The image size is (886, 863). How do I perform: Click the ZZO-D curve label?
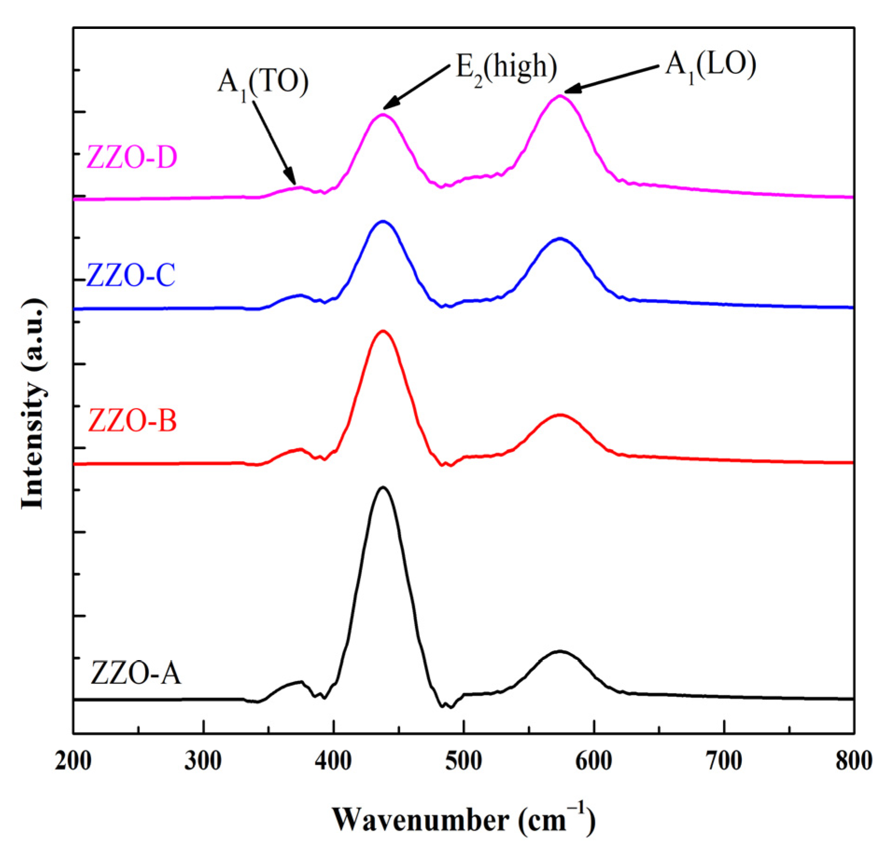[x=132, y=157]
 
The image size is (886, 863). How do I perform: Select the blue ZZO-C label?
[x=131, y=275]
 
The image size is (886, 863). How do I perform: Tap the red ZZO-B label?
[x=133, y=420]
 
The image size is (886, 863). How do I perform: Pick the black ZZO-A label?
[x=135, y=674]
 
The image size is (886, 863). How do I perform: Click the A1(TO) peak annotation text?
[x=263, y=83]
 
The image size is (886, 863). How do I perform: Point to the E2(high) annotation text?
[x=506, y=67]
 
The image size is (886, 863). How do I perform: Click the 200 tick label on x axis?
[x=73, y=762]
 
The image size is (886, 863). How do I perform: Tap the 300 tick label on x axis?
[x=203, y=762]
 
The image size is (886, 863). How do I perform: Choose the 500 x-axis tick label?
[x=463, y=762]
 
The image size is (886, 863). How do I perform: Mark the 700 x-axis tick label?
[x=724, y=762]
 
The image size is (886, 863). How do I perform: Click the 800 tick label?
[x=854, y=762]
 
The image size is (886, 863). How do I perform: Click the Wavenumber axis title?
[x=463, y=820]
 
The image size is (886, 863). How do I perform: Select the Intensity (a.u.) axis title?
[x=34, y=404]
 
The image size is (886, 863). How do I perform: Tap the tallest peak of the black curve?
[x=383, y=487]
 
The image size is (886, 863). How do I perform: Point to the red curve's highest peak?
[x=383, y=331]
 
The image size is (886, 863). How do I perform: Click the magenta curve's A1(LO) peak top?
[x=559, y=96]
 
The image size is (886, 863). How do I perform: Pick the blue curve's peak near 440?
[x=383, y=222]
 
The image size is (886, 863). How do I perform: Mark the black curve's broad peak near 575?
[x=559, y=651]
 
